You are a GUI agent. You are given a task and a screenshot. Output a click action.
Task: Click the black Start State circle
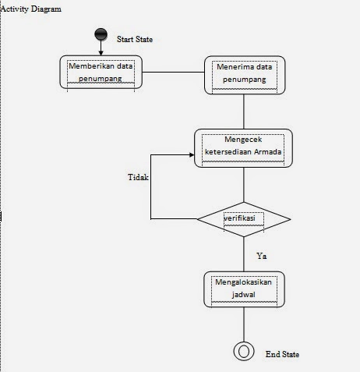tap(101, 34)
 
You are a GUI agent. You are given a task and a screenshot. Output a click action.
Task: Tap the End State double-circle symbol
tap(244, 351)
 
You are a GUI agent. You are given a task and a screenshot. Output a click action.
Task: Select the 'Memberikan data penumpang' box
tap(101, 73)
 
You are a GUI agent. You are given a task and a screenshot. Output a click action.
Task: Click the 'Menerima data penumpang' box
tap(244, 74)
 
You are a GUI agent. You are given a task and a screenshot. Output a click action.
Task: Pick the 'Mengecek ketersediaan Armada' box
tap(244, 148)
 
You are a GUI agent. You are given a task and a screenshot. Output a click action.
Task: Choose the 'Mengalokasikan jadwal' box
tap(244, 289)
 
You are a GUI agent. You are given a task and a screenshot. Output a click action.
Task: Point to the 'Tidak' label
tap(138, 177)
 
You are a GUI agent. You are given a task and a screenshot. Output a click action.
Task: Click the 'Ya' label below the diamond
tap(262, 255)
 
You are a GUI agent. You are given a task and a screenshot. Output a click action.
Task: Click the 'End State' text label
tap(282, 354)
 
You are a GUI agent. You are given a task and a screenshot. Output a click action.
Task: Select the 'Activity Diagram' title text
tap(30, 9)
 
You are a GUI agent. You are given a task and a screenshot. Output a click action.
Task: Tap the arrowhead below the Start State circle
tap(101, 51)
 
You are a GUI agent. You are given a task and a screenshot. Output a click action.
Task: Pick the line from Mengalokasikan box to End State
tap(244, 324)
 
